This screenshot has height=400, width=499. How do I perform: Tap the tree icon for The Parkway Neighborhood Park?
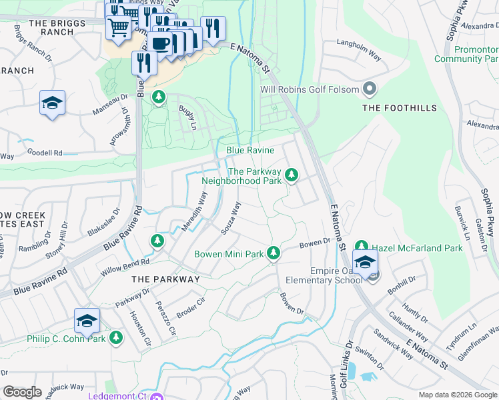(x=291, y=175)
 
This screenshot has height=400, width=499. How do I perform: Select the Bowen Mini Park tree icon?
(x=273, y=253)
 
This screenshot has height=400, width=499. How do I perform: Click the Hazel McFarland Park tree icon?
(x=362, y=247)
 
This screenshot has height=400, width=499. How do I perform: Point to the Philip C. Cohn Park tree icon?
(x=116, y=338)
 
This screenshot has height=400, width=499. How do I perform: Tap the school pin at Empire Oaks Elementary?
(x=365, y=262)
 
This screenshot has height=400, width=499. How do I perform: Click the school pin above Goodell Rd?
(x=52, y=103)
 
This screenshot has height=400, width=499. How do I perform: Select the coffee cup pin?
(x=160, y=43)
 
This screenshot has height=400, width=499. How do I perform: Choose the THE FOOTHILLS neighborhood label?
(x=399, y=108)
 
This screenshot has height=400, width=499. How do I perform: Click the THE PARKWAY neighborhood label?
(x=165, y=279)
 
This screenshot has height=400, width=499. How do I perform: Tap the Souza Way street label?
(x=231, y=218)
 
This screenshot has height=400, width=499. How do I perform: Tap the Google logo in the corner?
(x=22, y=392)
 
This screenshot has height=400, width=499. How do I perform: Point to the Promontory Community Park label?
(x=476, y=55)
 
